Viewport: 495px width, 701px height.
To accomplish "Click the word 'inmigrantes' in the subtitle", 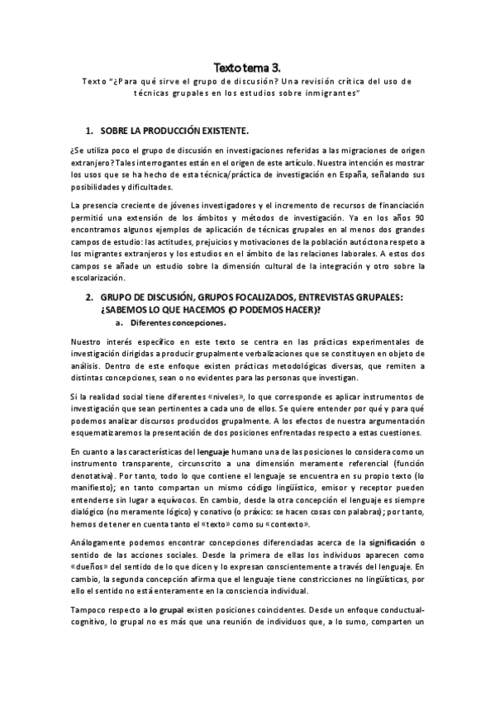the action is pyautogui.click(x=333, y=94).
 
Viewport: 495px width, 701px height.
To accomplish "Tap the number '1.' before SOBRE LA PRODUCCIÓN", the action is pyautogui.click(x=90, y=132).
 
